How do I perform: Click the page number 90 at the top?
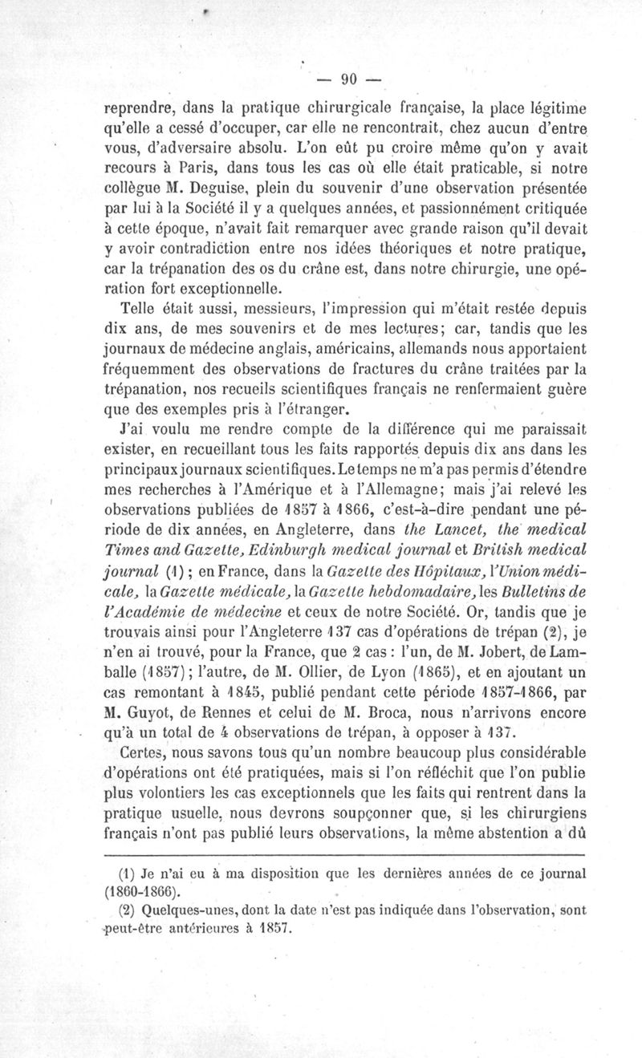coord(348,79)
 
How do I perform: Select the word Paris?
coord(190,166)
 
